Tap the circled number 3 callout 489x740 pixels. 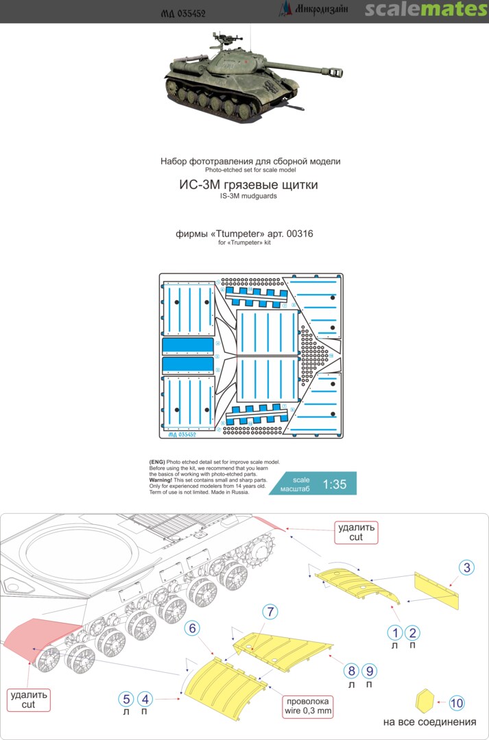466,567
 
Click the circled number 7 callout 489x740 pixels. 271,610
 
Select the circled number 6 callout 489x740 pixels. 193,628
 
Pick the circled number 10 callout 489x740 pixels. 457,702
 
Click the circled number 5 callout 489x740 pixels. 126,698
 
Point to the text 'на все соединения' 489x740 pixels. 429,723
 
